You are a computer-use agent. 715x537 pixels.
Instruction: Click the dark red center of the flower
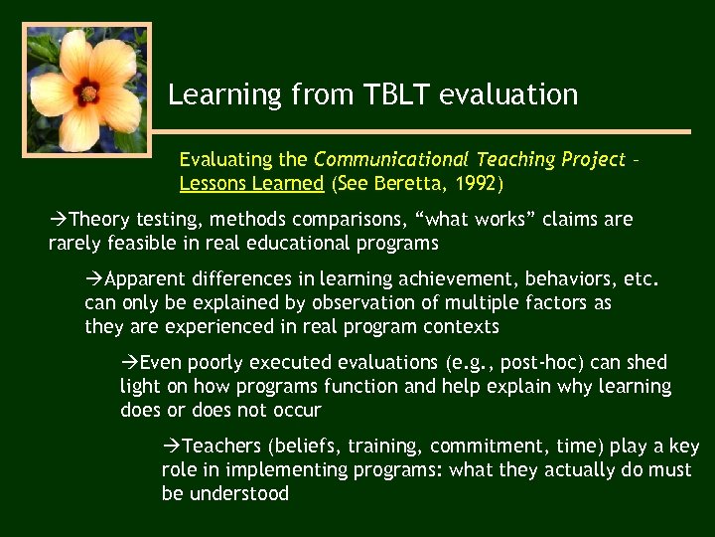click(x=87, y=93)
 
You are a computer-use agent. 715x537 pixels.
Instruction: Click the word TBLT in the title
click(x=397, y=95)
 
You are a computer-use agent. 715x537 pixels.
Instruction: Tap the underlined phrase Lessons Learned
click(x=251, y=183)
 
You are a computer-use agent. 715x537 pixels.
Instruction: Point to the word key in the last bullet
click(x=683, y=446)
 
